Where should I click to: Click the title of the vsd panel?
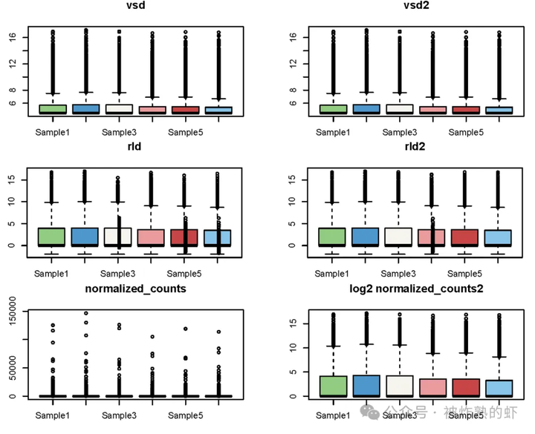point(134,5)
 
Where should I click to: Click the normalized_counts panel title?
point(135,288)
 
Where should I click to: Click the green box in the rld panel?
point(52,237)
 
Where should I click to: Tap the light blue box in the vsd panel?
point(218,110)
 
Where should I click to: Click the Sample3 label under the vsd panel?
point(120,132)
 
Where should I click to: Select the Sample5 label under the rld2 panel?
point(466,274)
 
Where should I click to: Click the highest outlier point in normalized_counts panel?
point(85,313)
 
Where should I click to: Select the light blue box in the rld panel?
point(218,237)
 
